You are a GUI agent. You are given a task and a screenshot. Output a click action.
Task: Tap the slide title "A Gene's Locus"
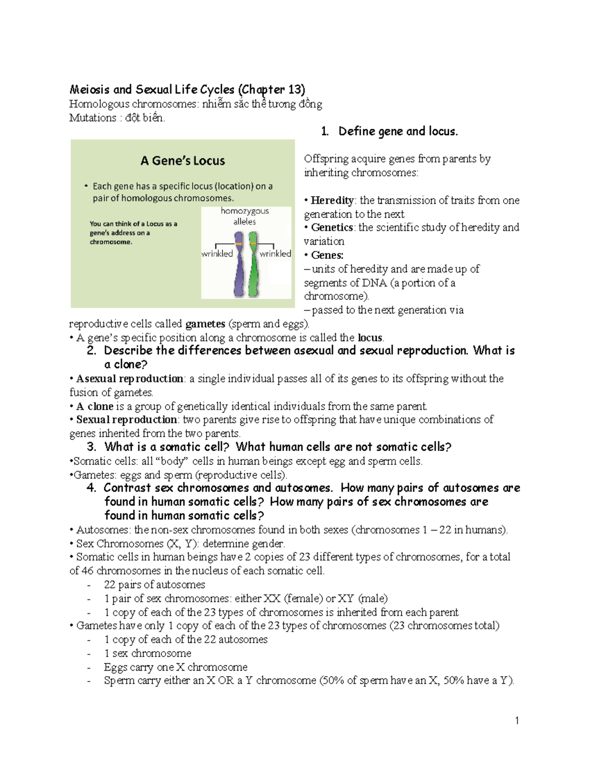pos(182,161)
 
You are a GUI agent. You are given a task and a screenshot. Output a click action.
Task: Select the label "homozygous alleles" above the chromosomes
pos(244,216)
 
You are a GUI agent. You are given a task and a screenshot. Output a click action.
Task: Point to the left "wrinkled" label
pos(217,254)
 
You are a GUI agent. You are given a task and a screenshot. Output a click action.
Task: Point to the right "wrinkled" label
pos(275,254)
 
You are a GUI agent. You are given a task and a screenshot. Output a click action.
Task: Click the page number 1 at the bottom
pos(517,721)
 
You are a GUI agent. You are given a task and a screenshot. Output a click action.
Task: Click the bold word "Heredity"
pos(332,200)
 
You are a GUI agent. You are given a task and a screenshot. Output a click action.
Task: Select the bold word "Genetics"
pos(332,227)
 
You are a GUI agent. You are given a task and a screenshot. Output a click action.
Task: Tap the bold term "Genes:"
pos(327,255)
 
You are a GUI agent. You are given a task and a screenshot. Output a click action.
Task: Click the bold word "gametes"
pos(205,324)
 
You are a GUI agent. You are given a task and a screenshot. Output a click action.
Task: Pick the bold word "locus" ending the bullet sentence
pos(370,338)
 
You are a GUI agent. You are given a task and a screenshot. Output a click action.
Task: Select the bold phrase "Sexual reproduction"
pos(126,420)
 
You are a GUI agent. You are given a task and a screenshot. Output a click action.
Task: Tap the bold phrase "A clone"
pos(95,406)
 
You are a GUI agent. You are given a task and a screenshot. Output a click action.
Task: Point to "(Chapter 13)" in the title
pos(271,89)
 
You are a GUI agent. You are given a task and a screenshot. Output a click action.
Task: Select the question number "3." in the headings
pos(91,447)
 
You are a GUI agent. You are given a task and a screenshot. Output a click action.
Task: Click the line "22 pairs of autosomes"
pos(154,585)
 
